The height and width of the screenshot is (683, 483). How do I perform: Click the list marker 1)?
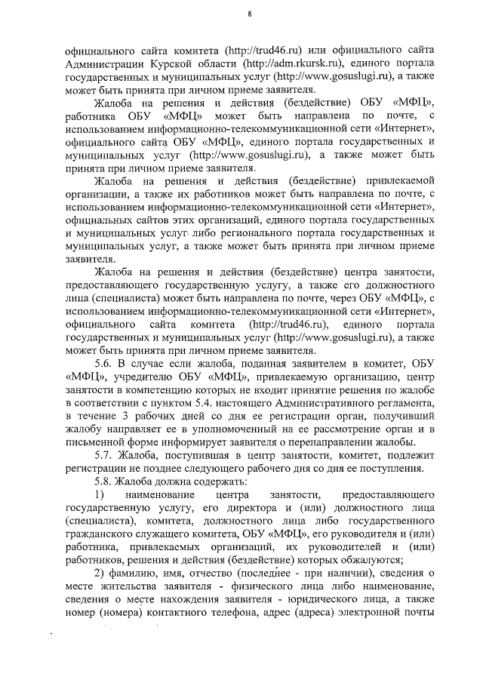point(100,494)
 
